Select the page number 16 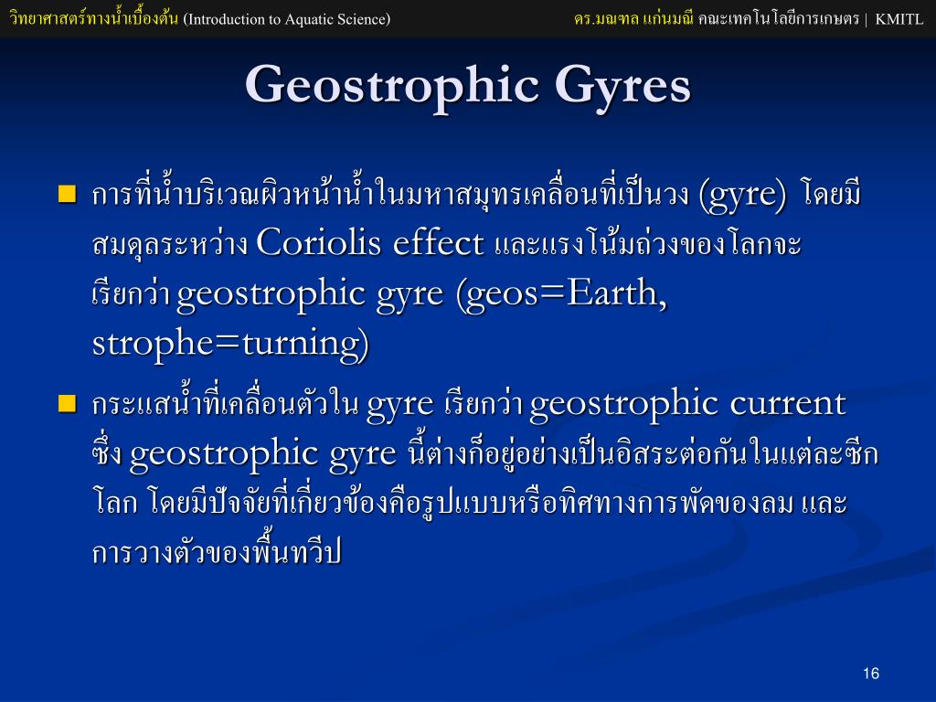pos(871,674)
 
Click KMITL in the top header pos(899,19)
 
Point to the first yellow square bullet pos(68,195)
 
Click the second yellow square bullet pos(68,403)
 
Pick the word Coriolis pos(319,243)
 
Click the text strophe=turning pos(230,345)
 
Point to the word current pos(788,404)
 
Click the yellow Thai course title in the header pos(94,18)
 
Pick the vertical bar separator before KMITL pos(867,20)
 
